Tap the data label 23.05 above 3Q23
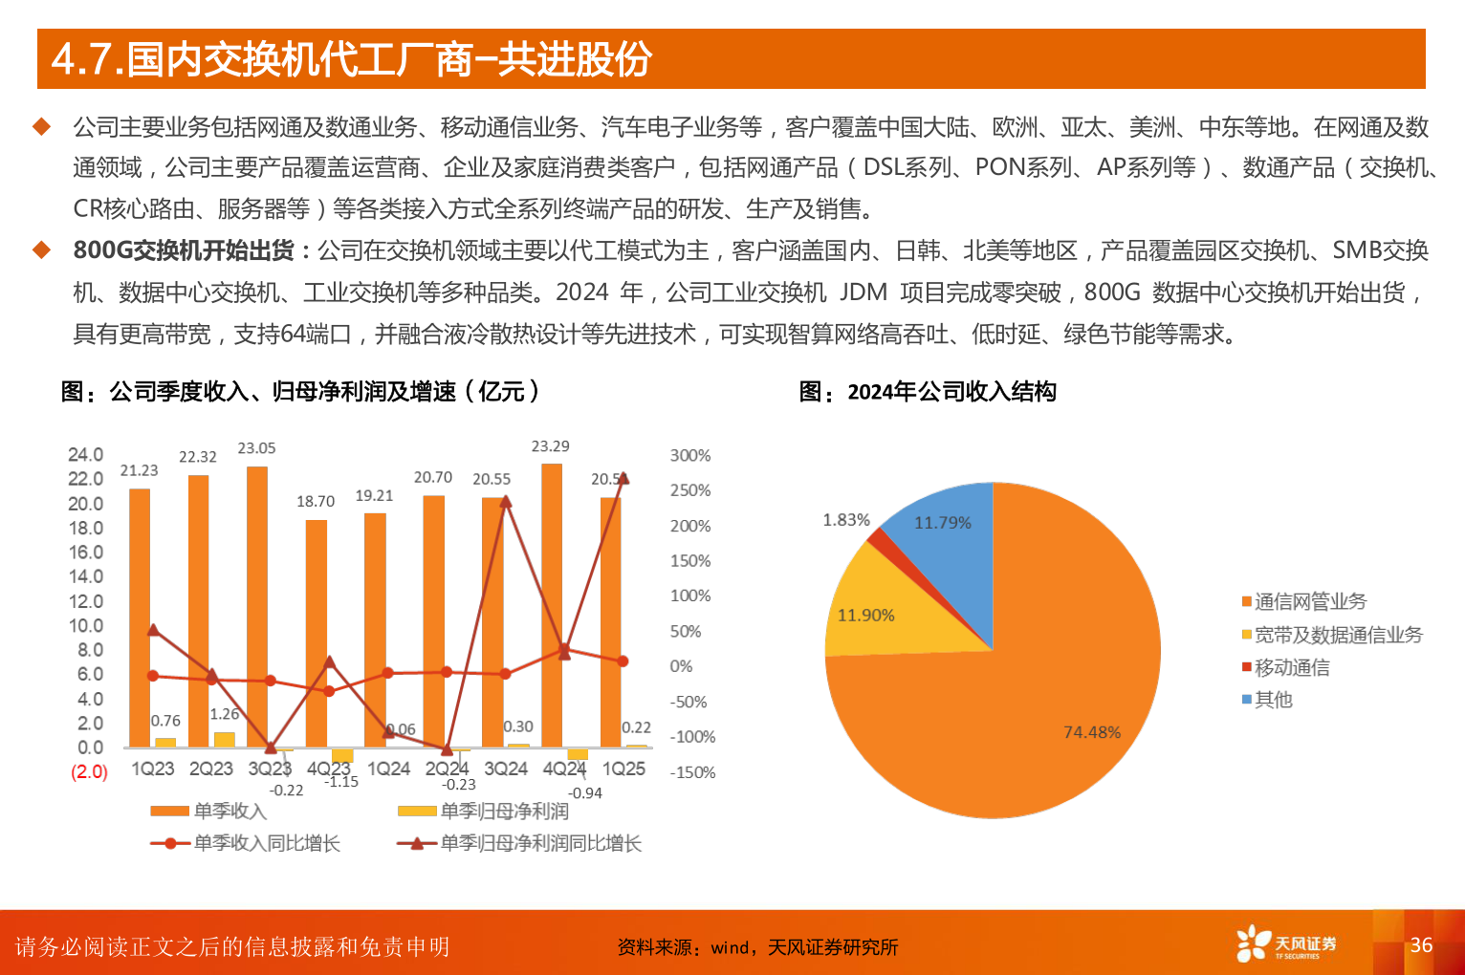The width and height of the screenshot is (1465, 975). (x=256, y=448)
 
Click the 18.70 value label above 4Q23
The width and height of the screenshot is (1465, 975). (x=316, y=501)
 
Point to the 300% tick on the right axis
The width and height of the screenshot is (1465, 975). (x=690, y=456)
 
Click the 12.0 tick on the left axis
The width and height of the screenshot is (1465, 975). (x=85, y=601)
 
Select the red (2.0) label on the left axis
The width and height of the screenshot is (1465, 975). (x=89, y=771)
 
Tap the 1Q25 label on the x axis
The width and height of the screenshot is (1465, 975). (x=623, y=769)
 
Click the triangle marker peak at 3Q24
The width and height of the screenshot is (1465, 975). (x=506, y=501)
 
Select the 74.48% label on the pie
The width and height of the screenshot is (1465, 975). (x=1092, y=732)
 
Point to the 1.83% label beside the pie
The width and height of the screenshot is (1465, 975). (x=846, y=520)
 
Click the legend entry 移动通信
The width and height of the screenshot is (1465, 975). (x=1291, y=667)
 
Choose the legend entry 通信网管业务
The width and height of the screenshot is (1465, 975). (x=1309, y=601)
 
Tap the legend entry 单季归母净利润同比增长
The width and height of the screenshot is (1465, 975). (x=540, y=843)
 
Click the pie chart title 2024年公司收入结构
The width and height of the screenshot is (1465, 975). (x=951, y=392)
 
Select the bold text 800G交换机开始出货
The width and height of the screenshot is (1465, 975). (x=184, y=250)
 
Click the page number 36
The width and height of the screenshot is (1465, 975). (x=1421, y=944)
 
